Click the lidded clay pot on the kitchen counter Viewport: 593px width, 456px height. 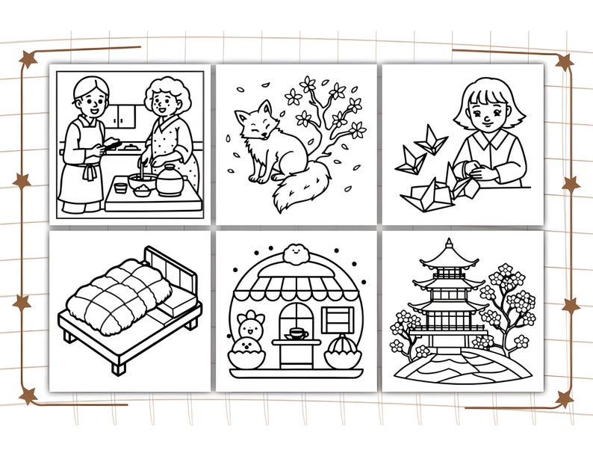pyautogui.click(x=170, y=180)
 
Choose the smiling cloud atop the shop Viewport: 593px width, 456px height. pyautogui.click(x=296, y=252)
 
